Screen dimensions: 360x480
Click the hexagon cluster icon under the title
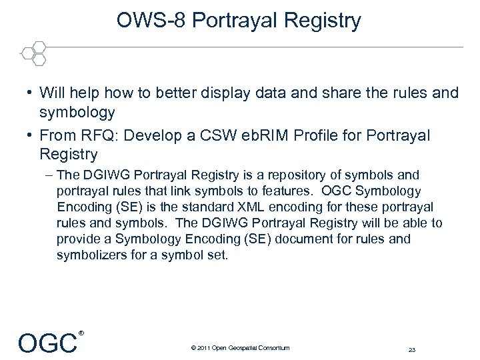(x=33, y=53)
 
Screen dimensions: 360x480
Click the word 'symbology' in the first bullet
(x=77, y=112)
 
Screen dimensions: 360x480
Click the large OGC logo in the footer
(x=48, y=343)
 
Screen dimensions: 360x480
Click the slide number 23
(x=411, y=349)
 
